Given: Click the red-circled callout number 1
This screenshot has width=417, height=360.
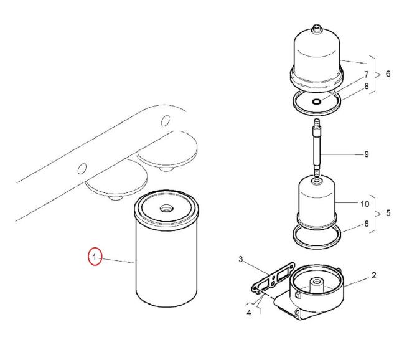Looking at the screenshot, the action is point(94,257).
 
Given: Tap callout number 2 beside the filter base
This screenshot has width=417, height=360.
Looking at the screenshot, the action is point(373,275).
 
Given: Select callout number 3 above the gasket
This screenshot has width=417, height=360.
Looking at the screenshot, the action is point(241,259).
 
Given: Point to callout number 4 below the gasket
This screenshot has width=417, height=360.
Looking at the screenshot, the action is point(249,313).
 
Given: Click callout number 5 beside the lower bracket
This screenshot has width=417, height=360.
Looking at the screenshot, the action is point(388,213).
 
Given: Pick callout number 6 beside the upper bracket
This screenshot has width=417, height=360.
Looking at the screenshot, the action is point(388,73).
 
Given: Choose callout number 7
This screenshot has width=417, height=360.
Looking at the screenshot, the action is point(367,75).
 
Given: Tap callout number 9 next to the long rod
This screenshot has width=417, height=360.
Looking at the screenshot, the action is point(367,154).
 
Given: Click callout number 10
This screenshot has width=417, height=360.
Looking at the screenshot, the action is point(365,204).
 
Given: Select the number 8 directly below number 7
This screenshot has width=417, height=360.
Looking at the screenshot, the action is point(367,86).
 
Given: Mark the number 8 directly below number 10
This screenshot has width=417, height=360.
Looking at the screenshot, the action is point(367,224).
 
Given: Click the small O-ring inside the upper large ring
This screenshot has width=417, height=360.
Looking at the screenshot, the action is point(316,102).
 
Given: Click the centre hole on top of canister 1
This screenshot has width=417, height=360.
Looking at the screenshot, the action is point(166,207).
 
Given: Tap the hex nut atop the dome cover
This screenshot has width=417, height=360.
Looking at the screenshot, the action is point(316,29).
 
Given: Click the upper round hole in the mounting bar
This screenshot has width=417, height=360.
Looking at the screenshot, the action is point(166,121).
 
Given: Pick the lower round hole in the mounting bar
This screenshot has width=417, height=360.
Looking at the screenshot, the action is point(82,168).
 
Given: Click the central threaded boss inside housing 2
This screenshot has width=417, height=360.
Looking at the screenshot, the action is point(316,285).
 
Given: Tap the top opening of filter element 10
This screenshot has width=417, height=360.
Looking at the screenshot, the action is point(316,181).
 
